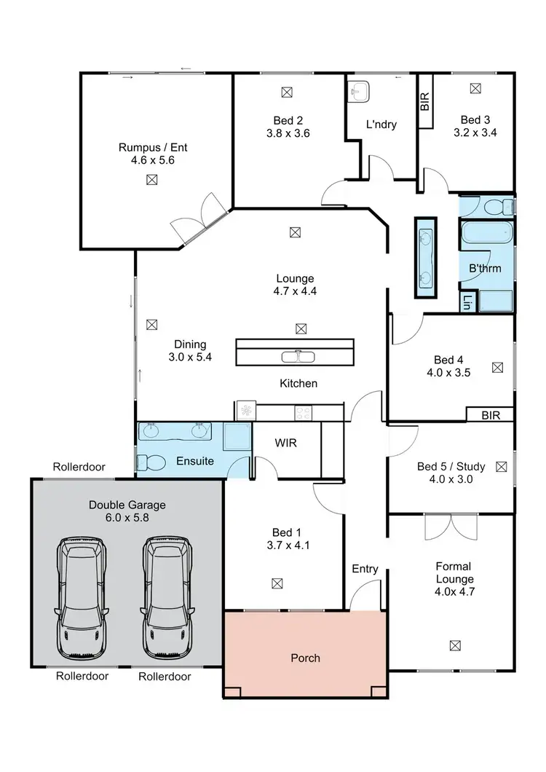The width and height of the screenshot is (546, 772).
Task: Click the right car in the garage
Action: tap(167, 588)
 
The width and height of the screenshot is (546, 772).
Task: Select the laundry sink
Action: tap(359, 92)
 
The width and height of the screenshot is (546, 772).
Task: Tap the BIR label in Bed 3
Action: tap(425, 101)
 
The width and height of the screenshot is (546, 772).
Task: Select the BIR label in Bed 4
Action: tap(490, 414)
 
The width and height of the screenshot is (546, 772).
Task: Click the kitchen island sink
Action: tap(298, 357)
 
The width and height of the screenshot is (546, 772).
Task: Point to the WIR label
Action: tap(285, 443)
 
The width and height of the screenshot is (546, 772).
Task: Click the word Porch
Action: tap(305, 658)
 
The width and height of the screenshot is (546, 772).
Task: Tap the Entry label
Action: tap(365, 569)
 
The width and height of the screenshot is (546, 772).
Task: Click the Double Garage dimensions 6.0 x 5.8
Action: tap(127, 518)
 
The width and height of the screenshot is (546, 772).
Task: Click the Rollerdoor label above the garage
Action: tap(79, 467)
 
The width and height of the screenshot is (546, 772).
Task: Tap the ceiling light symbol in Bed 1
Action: tap(277, 583)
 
